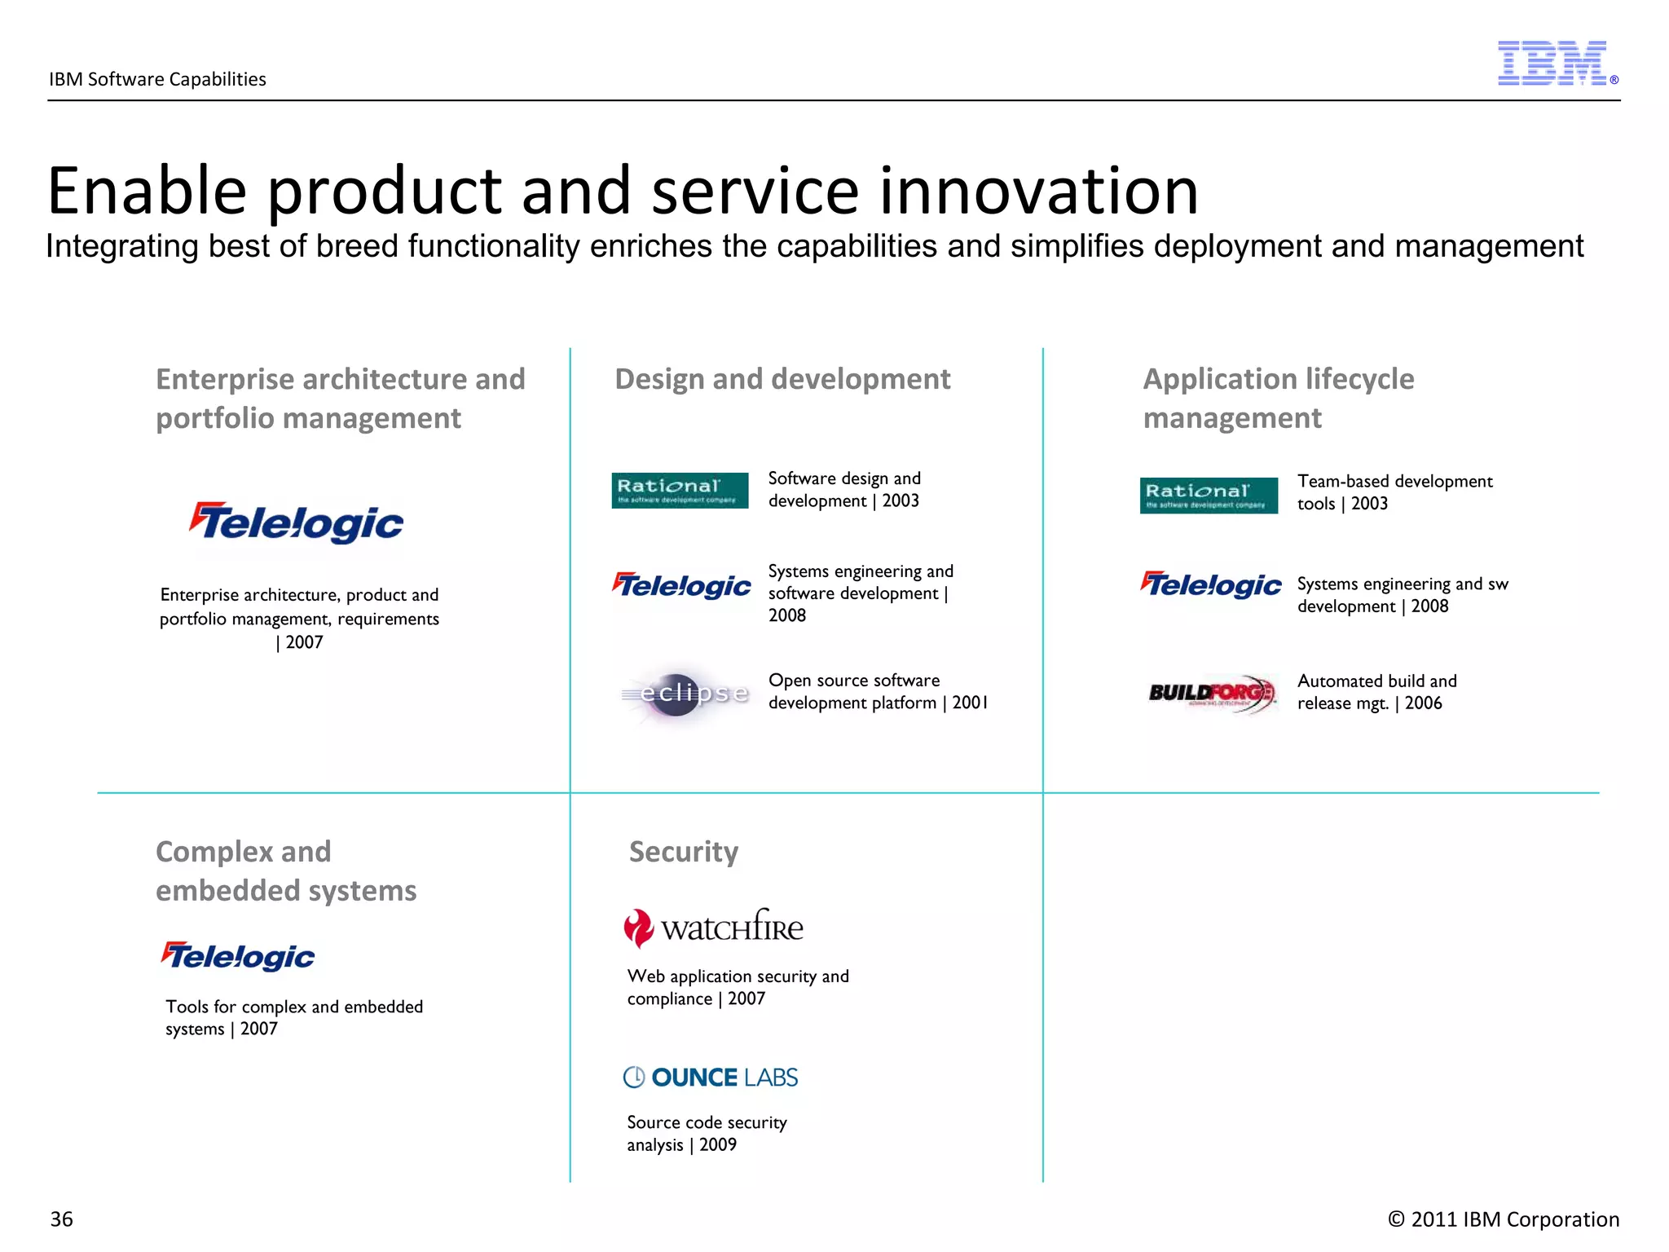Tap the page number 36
(62, 1219)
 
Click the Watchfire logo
(714, 928)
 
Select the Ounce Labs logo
(711, 1078)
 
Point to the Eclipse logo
(685, 694)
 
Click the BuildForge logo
(1211, 694)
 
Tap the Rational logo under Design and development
(680, 491)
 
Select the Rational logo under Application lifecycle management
(1209, 496)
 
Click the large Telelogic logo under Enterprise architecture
(297, 522)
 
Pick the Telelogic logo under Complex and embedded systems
(238, 956)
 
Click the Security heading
(683, 852)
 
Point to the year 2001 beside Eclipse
(970, 703)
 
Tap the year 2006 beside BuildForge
(1423, 703)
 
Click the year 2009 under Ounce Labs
(718, 1145)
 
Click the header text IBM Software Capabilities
(157, 79)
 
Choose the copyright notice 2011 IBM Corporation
(1504, 1219)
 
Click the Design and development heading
(782, 379)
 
